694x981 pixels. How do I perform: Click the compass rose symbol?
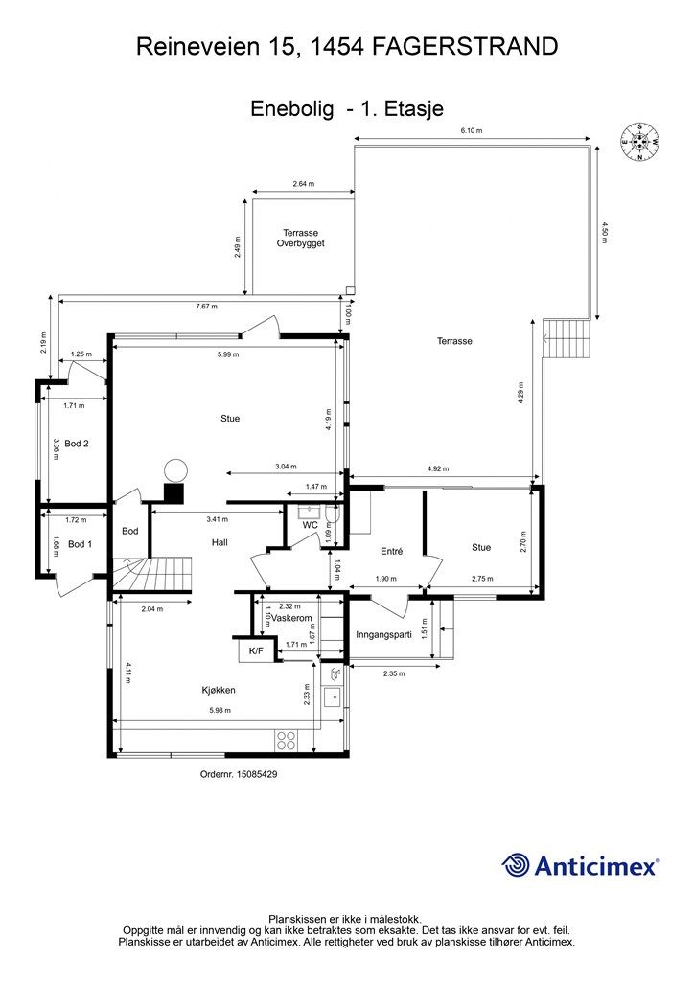(639, 142)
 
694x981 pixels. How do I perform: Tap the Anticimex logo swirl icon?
(516, 865)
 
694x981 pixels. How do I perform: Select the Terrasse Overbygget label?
(300, 238)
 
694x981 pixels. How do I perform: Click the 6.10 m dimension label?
(472, 130)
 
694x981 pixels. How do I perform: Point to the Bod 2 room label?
(77, 444)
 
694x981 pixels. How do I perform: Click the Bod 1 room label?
(80, 544)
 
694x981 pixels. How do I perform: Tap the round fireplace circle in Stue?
(175, 470)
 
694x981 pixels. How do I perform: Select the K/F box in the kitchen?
(257, 650)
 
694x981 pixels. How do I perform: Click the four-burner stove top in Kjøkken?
(286, 741)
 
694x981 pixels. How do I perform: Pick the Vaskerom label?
(291, 618)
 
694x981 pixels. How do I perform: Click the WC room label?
(311, 525)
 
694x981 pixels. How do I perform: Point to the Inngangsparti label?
(383, 634)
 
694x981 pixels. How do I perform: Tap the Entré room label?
(392, 551)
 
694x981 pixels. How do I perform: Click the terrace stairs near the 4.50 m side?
(567, 338)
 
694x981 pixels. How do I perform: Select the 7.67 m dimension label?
(206, 307)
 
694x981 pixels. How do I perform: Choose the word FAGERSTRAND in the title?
(466, 46)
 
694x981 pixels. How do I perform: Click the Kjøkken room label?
(219, 690)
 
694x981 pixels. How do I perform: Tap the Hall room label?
(220, 542)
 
